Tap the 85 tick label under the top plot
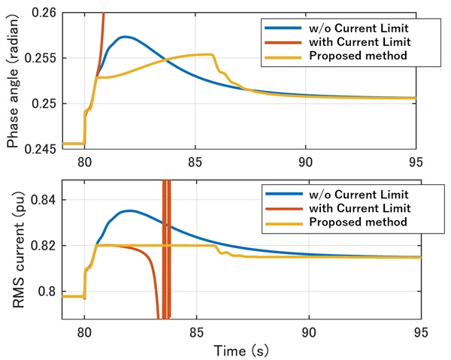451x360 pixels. coord(195,161)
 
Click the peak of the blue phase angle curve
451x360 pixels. coord(126,37)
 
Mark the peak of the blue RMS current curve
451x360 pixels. coord(130,210)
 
